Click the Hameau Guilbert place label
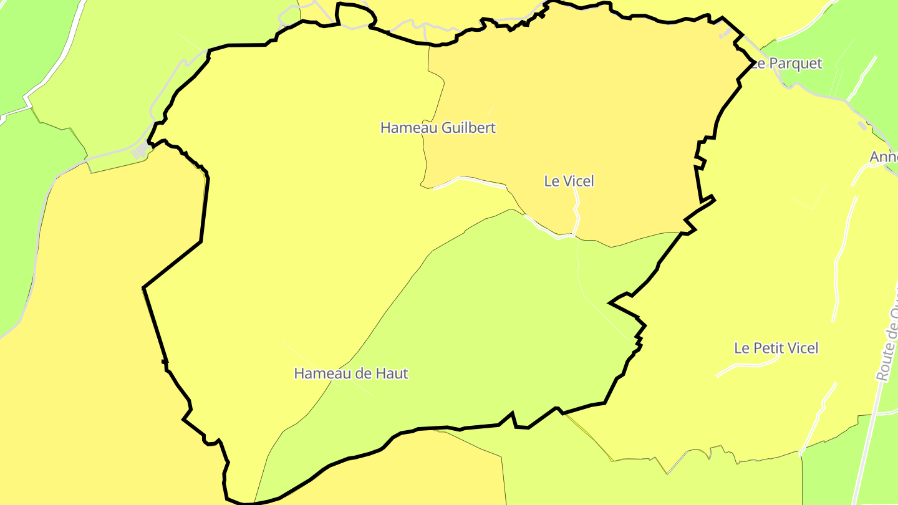438,128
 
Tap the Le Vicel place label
569,181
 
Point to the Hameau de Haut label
350,373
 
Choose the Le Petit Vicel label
776,348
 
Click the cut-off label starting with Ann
884,157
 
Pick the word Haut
393,373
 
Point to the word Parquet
796,64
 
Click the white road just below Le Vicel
576,212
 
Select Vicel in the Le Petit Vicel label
802,348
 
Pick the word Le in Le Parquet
758,64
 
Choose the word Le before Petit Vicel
741,348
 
